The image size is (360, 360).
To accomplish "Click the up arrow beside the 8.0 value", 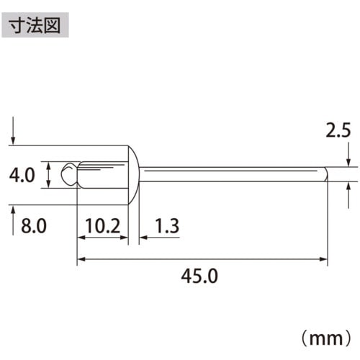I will pyautogui.click(x=13, y=212).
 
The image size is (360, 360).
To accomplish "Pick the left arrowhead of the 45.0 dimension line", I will pyautogui.click(x=81, y=257).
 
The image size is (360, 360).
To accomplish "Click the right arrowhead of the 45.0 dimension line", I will pyautogui.click(x=324, y=257).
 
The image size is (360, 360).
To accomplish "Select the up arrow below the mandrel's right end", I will pyautogui.click(x=348, y=189).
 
